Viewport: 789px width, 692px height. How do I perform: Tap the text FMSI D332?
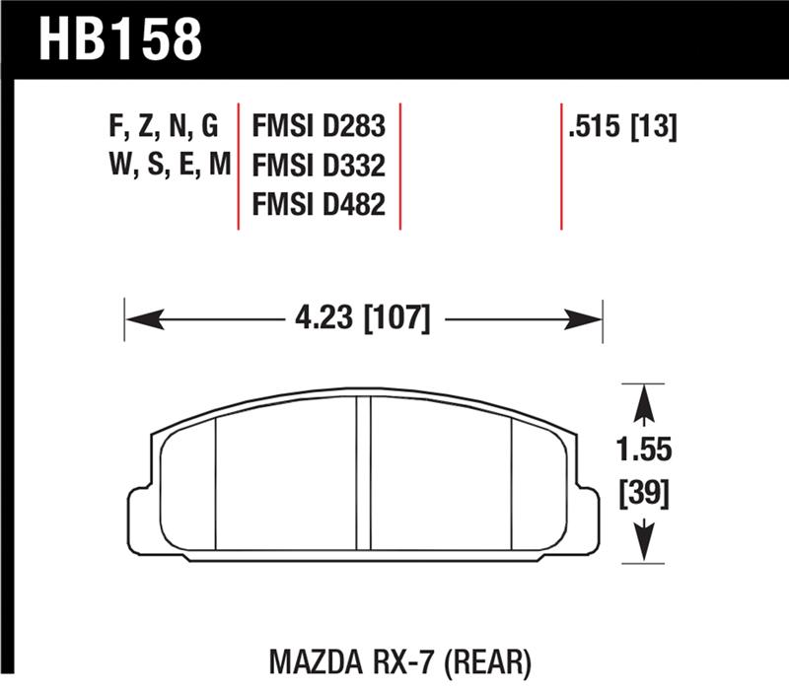pos(319,165)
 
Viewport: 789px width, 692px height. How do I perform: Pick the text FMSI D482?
pos(319,204)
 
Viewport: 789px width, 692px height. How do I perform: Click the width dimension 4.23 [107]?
pos(363,318)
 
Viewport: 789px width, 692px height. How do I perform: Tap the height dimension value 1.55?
pos(644,450)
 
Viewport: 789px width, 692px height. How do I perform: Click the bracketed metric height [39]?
pos(644,494)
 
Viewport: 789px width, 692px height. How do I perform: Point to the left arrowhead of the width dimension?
pos(138,318)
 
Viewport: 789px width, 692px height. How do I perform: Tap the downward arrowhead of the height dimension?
pos(644,544)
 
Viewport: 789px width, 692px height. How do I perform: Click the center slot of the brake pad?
pos(363,473)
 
